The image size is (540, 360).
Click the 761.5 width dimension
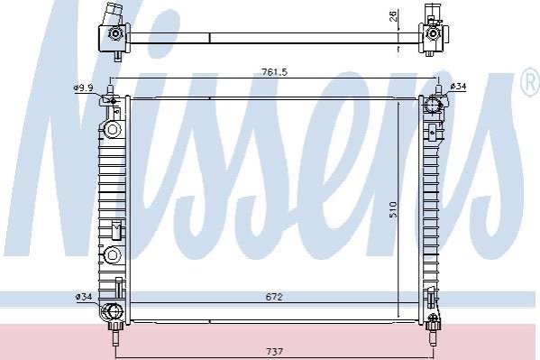point(274,72)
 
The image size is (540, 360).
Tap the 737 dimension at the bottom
point(274,351)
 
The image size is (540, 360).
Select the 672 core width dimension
point(274,297)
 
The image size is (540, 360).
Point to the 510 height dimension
point(393,209)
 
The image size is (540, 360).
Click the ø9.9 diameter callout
point(83,88)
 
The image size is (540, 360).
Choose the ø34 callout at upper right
point(458,87)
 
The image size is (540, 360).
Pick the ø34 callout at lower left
point(84,296)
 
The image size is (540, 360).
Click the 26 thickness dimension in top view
point(394,16)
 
